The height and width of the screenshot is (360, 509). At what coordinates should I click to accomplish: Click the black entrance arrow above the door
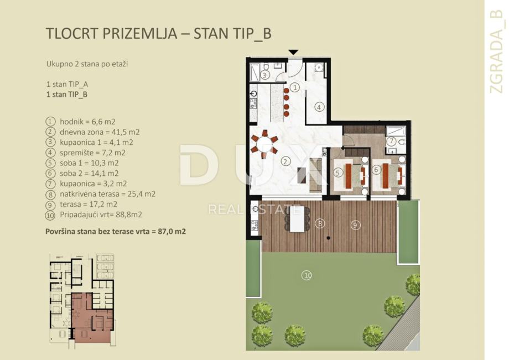pyautogui.click(x=293, y=52)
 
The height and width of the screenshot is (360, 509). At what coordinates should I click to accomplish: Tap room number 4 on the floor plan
pyautogui.click(x=319, y=107)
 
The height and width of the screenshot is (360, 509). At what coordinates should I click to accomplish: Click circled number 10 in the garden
pyautogui.click(x=307, y=275)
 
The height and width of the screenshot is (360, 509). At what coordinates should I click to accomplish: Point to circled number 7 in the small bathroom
pyautogui.click(x=392, y=141)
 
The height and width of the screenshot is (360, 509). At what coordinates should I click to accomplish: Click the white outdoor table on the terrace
pyautogui.click(x=297, y=219)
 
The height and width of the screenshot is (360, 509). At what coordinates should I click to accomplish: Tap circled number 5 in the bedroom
pyautogui.click(x=337, y=173)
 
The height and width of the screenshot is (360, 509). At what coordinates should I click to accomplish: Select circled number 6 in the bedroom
pyautogui.click(x=376, y=170)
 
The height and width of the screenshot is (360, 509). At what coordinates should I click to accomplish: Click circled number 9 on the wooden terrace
pyautogui.click(x=355, y=225)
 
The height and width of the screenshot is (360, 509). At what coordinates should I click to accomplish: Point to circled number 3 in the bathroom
pyautogui.click(x=264, y=75)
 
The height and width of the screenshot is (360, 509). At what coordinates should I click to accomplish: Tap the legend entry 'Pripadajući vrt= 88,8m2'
pyautogui.click(x=101, y=215)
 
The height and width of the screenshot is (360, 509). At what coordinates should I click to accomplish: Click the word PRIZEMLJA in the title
pyautogui.click(x=140, y=33)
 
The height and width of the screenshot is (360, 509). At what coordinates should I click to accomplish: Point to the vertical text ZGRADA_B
pyautogui.click(x=496, y=51)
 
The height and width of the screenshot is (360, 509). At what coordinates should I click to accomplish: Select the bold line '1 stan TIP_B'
pyautogui.click(x=67, y=95)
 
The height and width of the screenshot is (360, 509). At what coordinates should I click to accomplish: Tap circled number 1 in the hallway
pyautogui.click(x=295, y=87)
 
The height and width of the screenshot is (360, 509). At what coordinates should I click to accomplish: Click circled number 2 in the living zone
pyautogui.click(x=285, y=161)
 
